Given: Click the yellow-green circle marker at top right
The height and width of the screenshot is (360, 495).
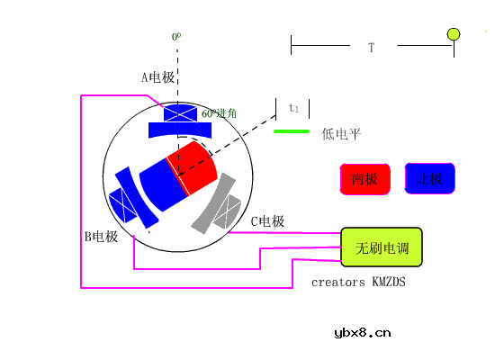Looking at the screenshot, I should [x=454, y=34].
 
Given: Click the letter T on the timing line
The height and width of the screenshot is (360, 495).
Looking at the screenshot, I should [x=371, y=46].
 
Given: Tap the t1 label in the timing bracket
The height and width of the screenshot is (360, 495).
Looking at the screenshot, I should [x=293, y=108].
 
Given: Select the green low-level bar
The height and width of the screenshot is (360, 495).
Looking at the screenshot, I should [x=291, y=131].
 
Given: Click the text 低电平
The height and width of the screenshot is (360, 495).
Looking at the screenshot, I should [x=341, y=134].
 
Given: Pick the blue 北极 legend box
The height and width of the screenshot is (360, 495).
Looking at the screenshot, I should [x=430, y=179].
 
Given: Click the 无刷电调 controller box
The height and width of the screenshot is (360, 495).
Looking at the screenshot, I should [x=381, y=247].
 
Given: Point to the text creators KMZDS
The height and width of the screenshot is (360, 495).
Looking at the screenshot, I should [x=358, y=282].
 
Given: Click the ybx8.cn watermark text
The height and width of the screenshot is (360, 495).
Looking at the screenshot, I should [x=363, y=332].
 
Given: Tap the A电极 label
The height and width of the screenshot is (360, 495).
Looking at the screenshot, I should [x=157, y=77].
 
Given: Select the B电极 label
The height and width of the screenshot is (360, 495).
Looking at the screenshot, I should [x=101, y=237].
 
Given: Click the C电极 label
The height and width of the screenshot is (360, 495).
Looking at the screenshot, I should [x=267, y=221].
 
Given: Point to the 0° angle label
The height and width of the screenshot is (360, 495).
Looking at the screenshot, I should [x=176, y=37].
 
